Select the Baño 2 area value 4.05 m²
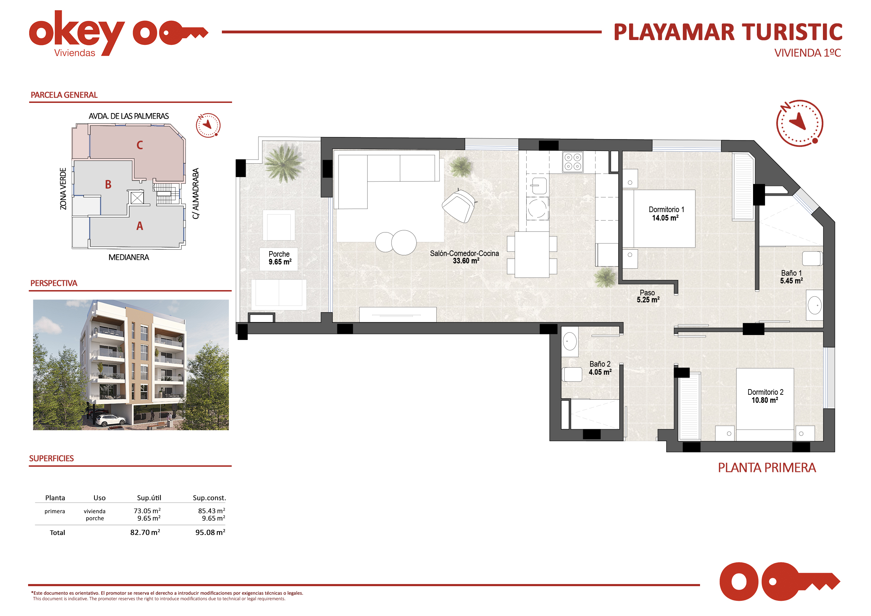[x=600, y=372]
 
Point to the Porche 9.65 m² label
[x=280, y=258]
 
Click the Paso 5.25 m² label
[x=648, y=296]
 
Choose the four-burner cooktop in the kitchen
[x=573, y=162]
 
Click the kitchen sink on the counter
[x=538, y=186]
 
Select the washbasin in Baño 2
[x=569, y=341]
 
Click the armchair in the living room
[x=459, y=206]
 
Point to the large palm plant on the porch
[x=283, y=163]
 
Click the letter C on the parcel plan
[x=140, y=145]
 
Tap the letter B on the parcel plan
[x=108, y=184]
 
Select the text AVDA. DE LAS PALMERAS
[x=128, y=116]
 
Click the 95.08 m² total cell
[x=210, y=532]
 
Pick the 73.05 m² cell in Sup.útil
[x=147, y=511]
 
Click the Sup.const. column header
[x=209, y=498]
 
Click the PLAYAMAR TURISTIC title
[x=728, y=32]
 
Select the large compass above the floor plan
[x=799, y=123]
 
